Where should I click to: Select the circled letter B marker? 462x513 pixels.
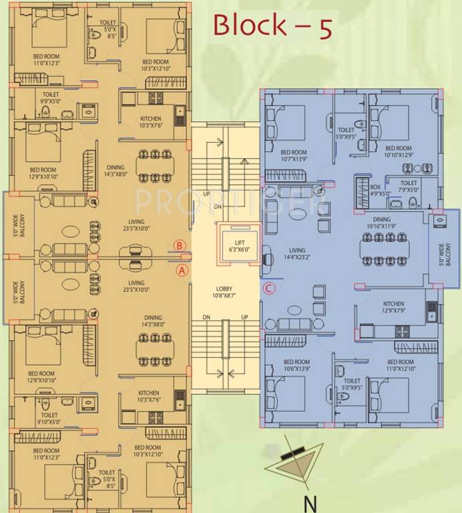179,245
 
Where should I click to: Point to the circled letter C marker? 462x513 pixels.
268,289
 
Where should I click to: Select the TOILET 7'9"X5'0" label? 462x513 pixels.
409,186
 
